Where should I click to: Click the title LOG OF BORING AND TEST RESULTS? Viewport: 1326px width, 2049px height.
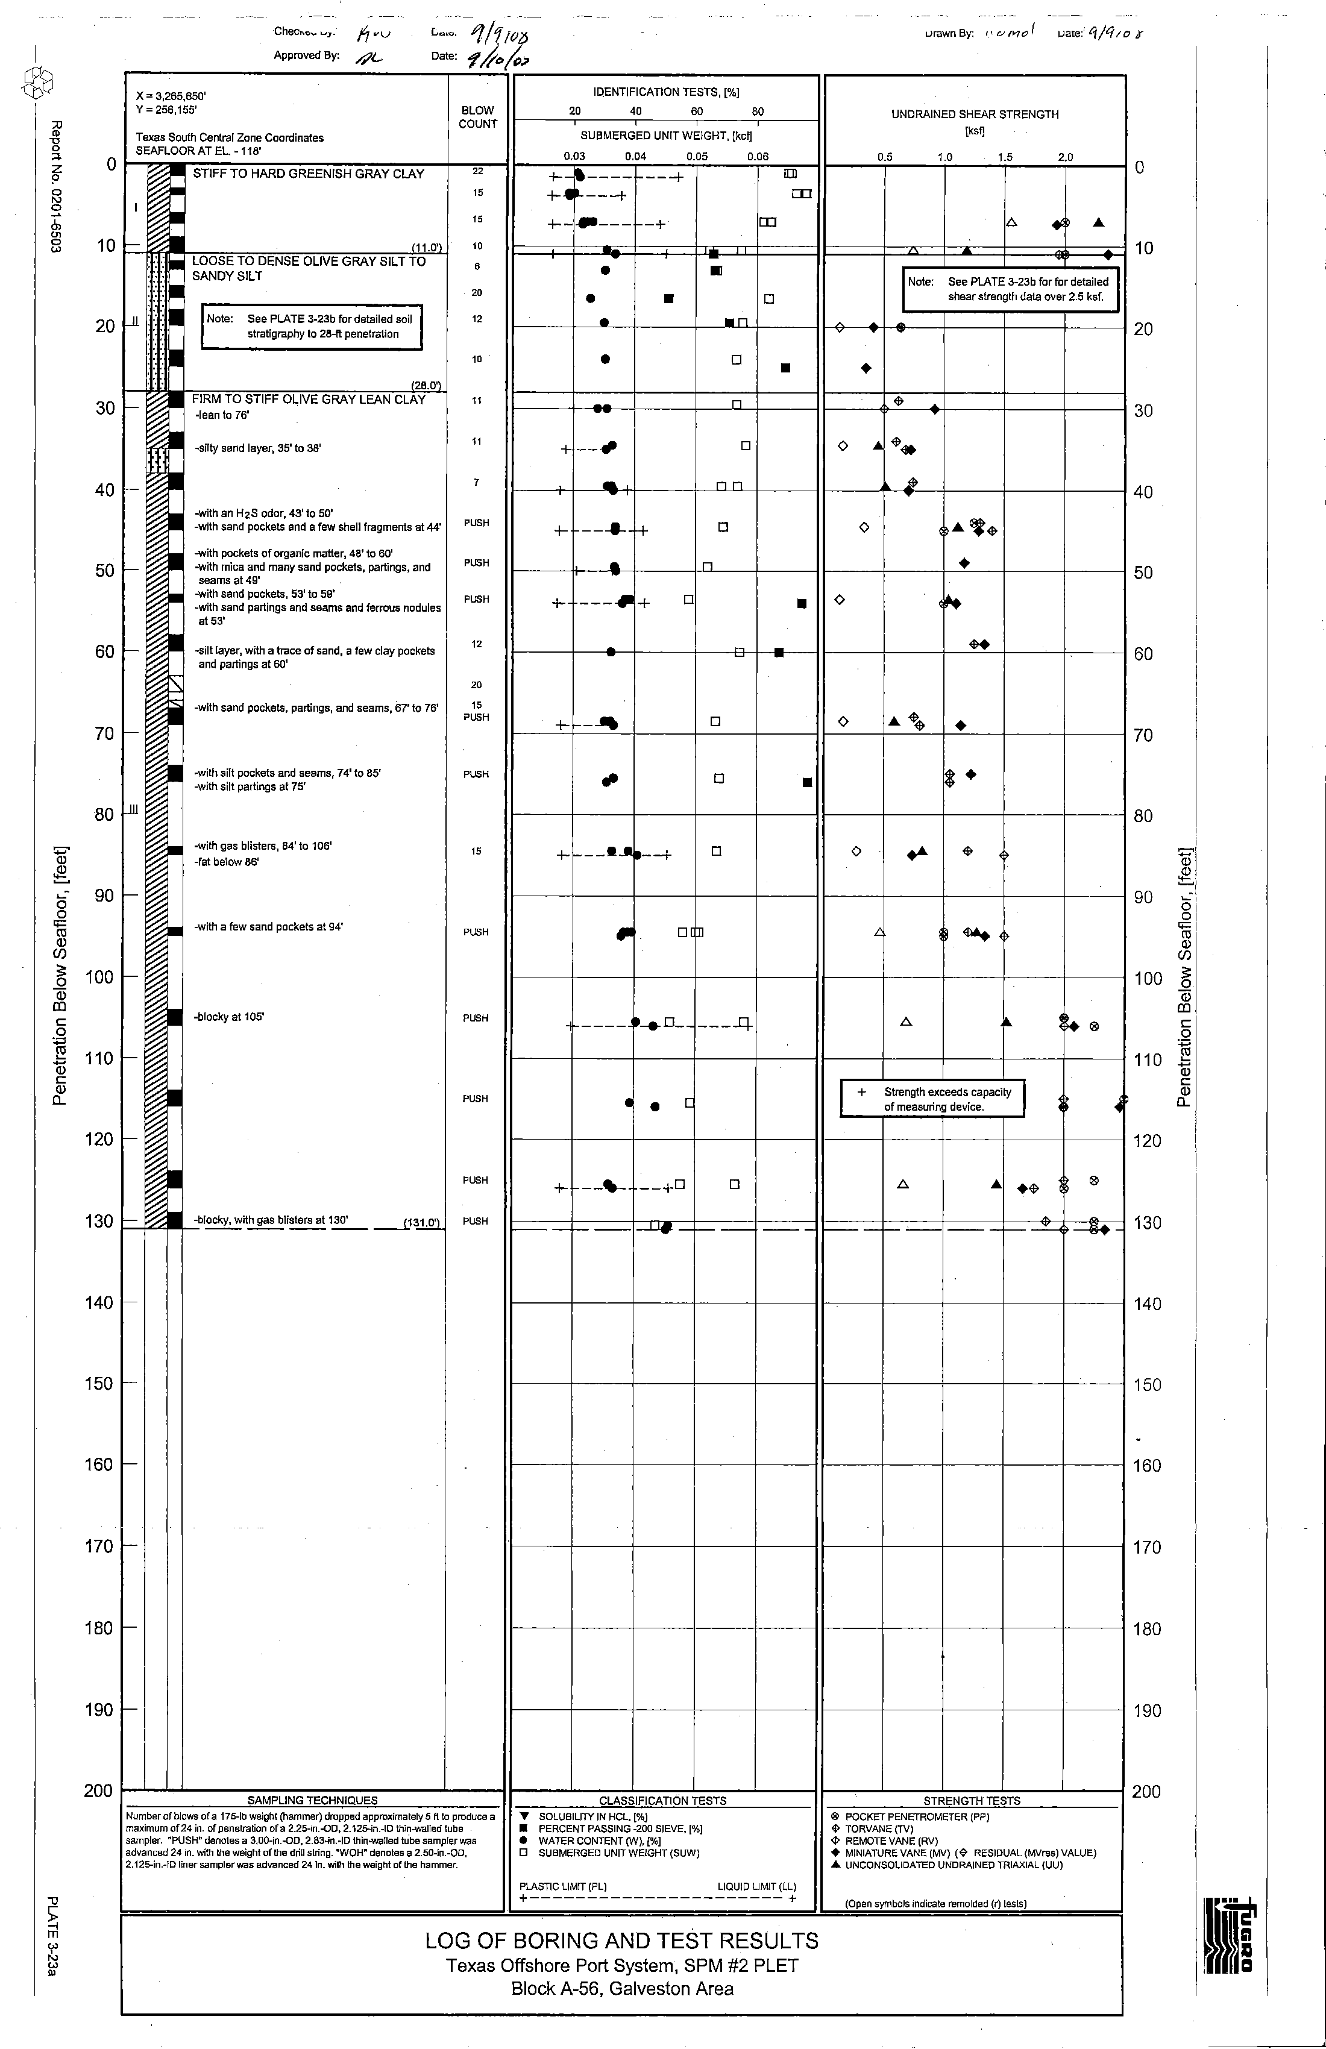point(621,1941)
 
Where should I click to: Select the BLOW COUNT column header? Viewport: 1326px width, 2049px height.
point(478,117)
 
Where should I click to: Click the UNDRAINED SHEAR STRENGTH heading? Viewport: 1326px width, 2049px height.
point(975,115)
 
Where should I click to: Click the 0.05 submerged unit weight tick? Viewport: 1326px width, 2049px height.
point(697,157)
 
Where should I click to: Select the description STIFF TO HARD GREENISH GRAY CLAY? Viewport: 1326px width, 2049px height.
point(308,174)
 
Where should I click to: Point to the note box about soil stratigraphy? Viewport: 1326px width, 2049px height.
point(312,326)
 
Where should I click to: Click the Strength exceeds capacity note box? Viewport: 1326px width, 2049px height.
point(932,1099)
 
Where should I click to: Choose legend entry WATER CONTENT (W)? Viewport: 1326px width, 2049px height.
point(599,1840)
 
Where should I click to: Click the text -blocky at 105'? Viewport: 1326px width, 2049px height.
point(229,1017)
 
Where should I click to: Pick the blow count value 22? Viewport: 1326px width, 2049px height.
point(478,171)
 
